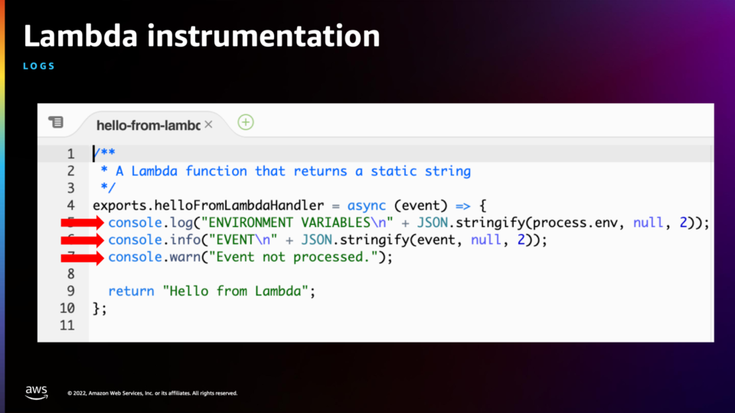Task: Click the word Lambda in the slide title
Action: [x=80, y=36]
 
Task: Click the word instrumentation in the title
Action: [x=263, y=36]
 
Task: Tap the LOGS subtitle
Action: [x=39, y=66]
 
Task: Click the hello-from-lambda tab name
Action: [x=148, y=125]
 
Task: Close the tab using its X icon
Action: [x=208, y=125]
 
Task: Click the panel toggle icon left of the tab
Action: [x=56, y=122]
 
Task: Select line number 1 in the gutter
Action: [x=70, y=154]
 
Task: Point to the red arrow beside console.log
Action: [x=82, y=223]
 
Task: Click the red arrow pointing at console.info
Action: [x=82, y=240]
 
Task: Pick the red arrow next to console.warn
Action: [x=82, y=258]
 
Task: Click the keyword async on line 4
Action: [x=367, y=206]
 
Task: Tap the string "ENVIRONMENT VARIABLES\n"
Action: [x=297, y=223]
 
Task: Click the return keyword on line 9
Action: [x=131, y=291]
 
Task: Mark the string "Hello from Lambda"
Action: [x=235, y=291]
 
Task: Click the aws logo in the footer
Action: [x=37, y=392]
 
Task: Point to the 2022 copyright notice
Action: [x=152, y=393]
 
